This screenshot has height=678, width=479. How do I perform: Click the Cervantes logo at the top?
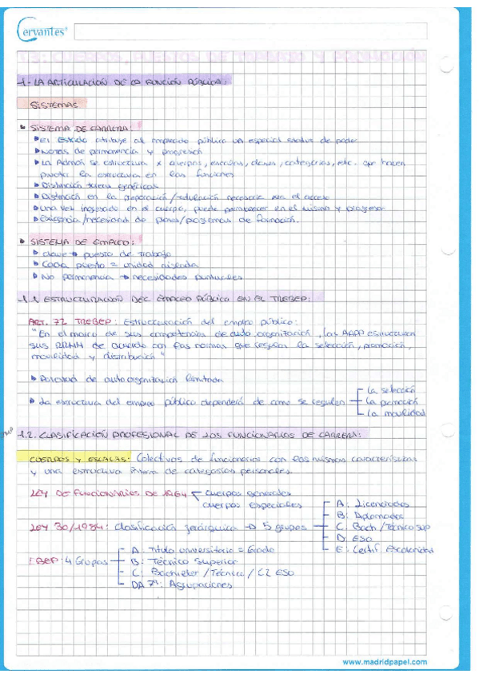click(42, 32)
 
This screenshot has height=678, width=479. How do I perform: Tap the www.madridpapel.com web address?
click(385, 662)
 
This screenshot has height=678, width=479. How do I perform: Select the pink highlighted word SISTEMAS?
click(53, 104)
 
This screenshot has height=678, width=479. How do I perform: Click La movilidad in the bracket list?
click(395, 413)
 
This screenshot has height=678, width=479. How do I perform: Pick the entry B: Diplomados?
click(373, 516)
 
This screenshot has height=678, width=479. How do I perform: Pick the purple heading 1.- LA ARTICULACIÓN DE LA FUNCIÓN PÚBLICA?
click(123, 81)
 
